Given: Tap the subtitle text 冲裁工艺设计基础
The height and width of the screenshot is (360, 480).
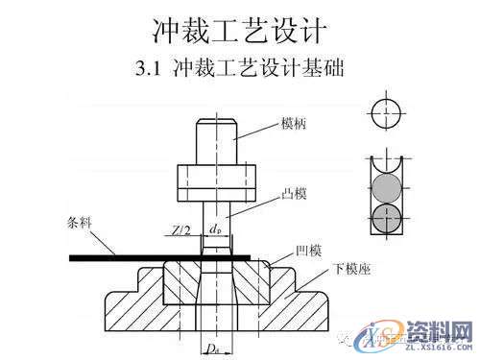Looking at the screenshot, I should (x=261, y=70).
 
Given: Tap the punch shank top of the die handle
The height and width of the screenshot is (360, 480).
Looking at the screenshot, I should (x=216, y=139).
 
